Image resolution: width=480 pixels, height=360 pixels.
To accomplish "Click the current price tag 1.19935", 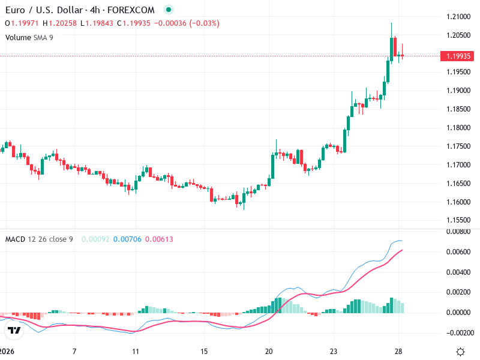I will click(x=459, y=56).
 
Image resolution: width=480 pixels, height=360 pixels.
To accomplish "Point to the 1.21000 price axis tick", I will click(x=459, y=16).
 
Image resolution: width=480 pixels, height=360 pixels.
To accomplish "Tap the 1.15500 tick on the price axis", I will click(x=459, y=220).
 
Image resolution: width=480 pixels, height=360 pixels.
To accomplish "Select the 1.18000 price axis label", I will click(x=459, y=128).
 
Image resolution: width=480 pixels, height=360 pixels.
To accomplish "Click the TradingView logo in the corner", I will click(x=14, y=331).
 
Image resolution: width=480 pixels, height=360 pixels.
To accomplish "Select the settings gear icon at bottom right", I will click(x=460, y=352).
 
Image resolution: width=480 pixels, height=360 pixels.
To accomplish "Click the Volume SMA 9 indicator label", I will click(x=29, y=37).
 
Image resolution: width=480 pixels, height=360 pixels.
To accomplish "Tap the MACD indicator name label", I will click(x=15, y=239).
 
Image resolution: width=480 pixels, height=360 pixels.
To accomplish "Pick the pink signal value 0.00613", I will click(x=160, y=239).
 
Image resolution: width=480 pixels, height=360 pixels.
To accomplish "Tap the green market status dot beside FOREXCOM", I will click(x=169, y=10).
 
